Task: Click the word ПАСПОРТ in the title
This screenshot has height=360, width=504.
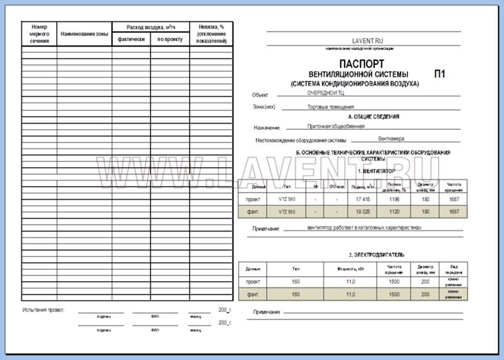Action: tap(361, 64)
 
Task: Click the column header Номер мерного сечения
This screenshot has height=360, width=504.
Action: tap(39, 33)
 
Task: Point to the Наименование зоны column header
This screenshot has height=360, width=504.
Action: tap(84, 33)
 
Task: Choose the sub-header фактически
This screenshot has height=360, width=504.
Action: tap(131, 39)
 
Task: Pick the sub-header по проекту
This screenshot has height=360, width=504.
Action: tap(169, 39)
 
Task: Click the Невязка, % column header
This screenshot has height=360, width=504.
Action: tap(208, 33)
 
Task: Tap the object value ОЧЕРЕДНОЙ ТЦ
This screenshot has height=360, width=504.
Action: tap(325, 93)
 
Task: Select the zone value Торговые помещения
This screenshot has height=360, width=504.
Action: tap(330, 107)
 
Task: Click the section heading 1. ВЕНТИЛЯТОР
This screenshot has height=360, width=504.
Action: tap(376, 171)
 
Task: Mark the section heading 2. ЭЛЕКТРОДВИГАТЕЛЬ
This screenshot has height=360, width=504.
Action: tap(377, 255)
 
